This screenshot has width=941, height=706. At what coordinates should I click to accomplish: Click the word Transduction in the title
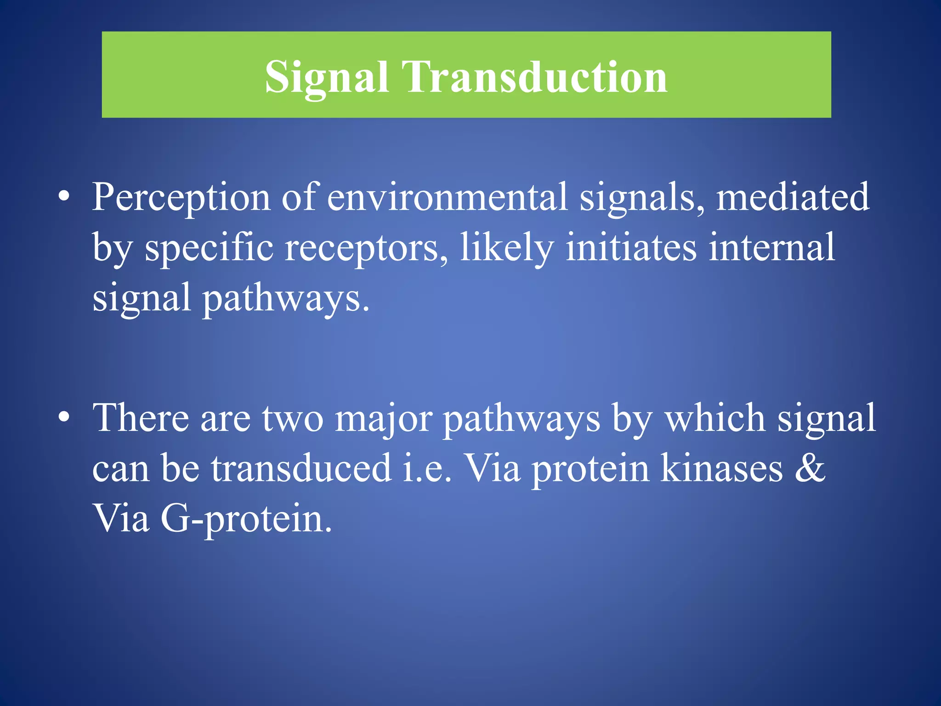tap(534, 77)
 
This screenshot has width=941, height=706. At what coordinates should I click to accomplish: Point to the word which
tap(715, 418)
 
